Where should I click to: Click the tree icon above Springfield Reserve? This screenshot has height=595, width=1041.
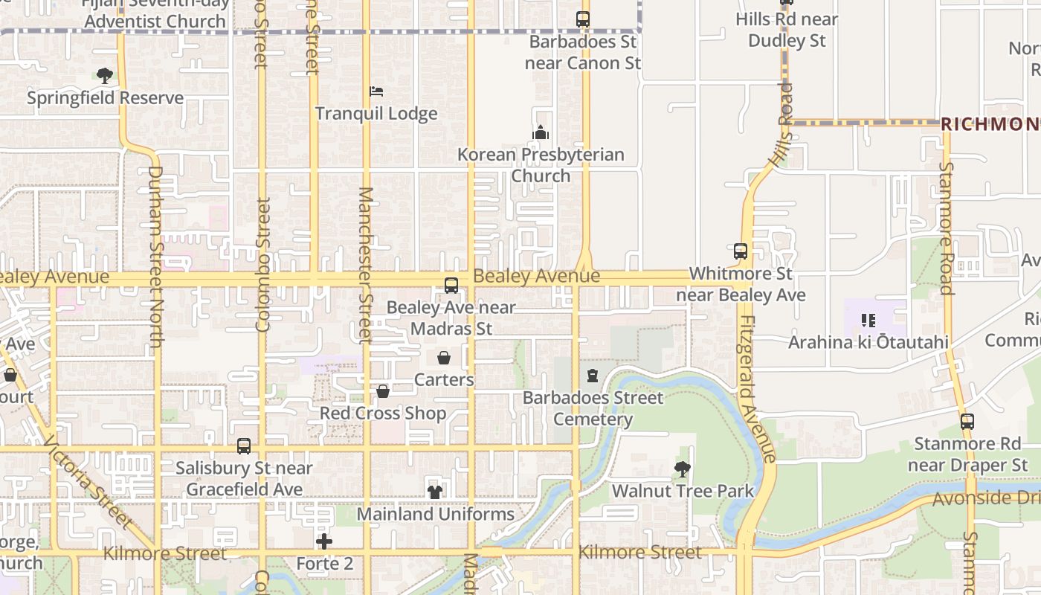click(x=105, y=75)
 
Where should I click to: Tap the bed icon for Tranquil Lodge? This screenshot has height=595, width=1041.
click(x=376, y=91)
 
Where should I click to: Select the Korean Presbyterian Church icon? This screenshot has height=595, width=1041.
click(x=541, y=133)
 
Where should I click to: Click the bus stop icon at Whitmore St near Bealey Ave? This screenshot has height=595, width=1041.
click(x=740, y=251)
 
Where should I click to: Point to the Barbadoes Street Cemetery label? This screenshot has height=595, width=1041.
click(x=593, y=408)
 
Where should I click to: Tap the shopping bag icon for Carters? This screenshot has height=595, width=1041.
click(x=444, y=358)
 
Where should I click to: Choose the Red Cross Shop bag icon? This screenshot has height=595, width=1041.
click(x=383, y=391)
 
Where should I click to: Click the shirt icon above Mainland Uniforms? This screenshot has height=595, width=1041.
click(x=435, y=492)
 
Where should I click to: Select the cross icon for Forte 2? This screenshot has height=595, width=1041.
click(x=324, y=541)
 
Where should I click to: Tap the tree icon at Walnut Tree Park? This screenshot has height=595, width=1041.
click(x=682, y=469)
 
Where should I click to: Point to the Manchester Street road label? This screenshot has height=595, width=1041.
click(x=365, y=264)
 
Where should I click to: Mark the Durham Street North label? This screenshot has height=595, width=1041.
click(x=155, y=257)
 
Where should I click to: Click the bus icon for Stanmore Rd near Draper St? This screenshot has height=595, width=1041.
click(x=967, y=422)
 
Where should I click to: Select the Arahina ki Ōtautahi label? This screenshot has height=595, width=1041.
click(x=868, y=342)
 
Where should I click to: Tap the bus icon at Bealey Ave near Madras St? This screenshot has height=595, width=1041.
click(x=451, y=286)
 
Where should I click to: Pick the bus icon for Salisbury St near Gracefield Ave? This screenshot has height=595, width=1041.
click(x=244, y=446)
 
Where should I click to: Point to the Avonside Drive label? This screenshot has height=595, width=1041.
click(x=986, y=498)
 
